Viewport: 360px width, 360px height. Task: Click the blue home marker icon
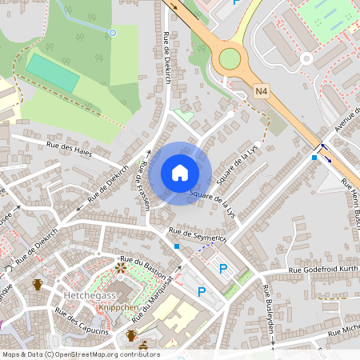pos(180,173)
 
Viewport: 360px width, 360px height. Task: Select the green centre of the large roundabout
pos(230,58)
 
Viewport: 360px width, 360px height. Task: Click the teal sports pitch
pos(54,72)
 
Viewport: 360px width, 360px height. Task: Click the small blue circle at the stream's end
pos(113,32)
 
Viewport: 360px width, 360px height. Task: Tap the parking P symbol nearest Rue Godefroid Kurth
pos(223,269)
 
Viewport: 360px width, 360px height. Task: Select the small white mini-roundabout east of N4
pos(306,58)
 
